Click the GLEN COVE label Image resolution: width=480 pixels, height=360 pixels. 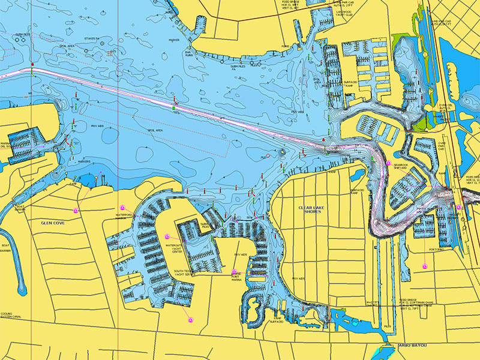tap(53, 222)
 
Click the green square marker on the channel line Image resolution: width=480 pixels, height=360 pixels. tap(173, 107)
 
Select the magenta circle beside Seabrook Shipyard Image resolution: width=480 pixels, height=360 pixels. tap(389, 163)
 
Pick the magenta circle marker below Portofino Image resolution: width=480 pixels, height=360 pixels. tap(424, 265)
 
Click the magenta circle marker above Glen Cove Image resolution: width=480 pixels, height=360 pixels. tap(76, 210)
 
